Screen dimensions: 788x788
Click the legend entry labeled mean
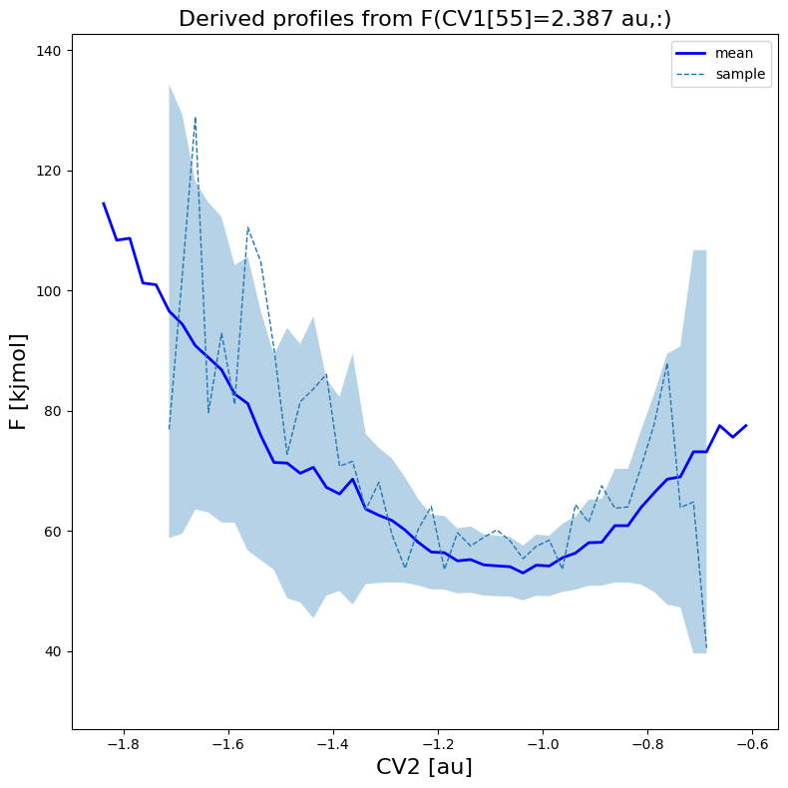[734, 53]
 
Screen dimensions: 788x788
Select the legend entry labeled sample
[740, 74]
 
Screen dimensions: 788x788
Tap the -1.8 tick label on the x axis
[120, 744]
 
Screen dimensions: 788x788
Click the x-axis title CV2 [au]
[424, 767]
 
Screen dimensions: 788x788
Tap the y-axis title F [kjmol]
[18, 382]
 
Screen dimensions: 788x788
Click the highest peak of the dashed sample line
[196, 117]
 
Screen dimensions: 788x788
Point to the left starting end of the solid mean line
[103, 203]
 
